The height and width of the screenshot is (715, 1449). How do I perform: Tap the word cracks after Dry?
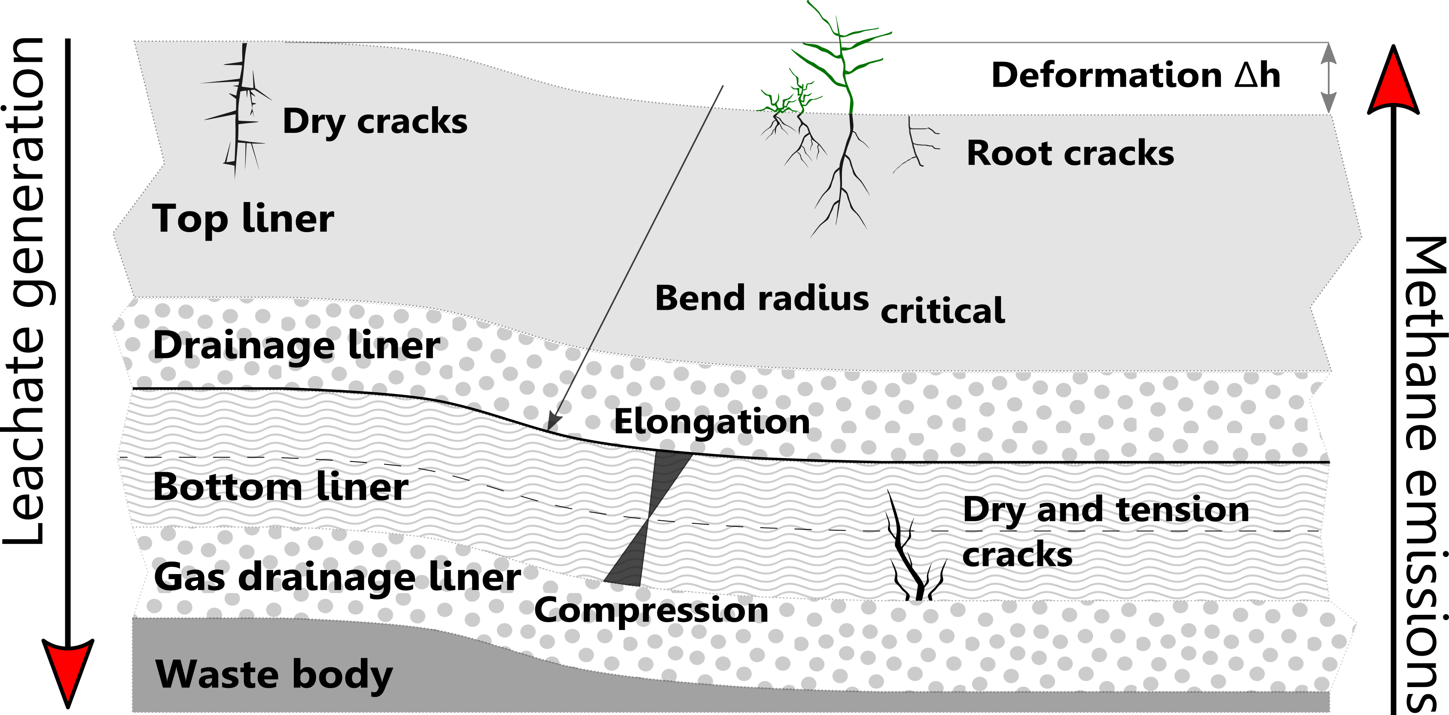pos(412,122)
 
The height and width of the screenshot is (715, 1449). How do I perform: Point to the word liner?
pos(287,218)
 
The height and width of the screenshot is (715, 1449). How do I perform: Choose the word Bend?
pos(700,298)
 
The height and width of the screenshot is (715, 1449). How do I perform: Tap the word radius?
pos(813,298)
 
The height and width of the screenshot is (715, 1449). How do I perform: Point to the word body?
pos(342,675)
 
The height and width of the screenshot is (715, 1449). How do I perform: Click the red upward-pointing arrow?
pos(1393,82)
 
